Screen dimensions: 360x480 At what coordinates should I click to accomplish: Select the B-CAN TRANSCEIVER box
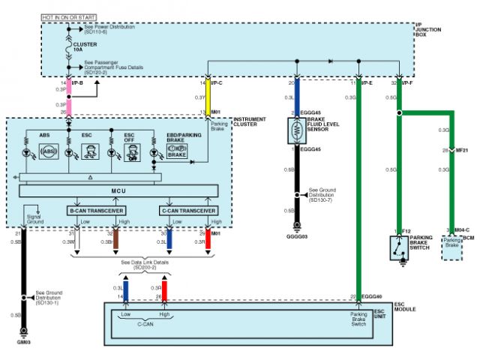click(x=96, y=210)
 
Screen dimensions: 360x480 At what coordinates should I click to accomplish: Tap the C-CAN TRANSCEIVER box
click(x=188, y=210)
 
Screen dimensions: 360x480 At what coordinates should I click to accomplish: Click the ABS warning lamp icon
click(x=49, y=152)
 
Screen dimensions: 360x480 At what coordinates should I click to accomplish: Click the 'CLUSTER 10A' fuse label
click(x=94, y=46)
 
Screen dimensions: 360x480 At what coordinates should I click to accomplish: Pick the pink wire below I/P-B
click(x=69, y=98)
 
